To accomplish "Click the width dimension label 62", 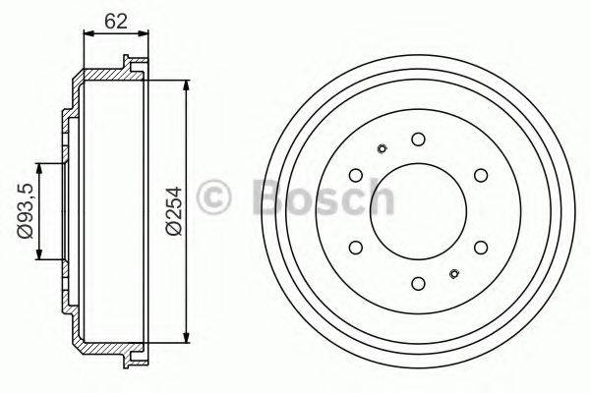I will [117, 20].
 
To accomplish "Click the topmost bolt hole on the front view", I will [418, 139].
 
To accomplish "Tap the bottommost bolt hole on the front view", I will [418, 284].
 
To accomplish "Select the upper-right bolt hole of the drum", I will [481, 175].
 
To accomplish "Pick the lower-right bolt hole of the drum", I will [481, 248].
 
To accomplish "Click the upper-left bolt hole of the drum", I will [355, 175].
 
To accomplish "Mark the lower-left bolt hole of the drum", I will [355, 248].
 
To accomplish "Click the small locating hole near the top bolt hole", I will [382, 149].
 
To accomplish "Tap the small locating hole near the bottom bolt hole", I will [454, 273].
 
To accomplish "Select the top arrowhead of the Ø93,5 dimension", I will [40, 165].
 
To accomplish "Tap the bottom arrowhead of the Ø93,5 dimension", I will [40, 256].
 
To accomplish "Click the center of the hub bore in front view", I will [418, 211].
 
